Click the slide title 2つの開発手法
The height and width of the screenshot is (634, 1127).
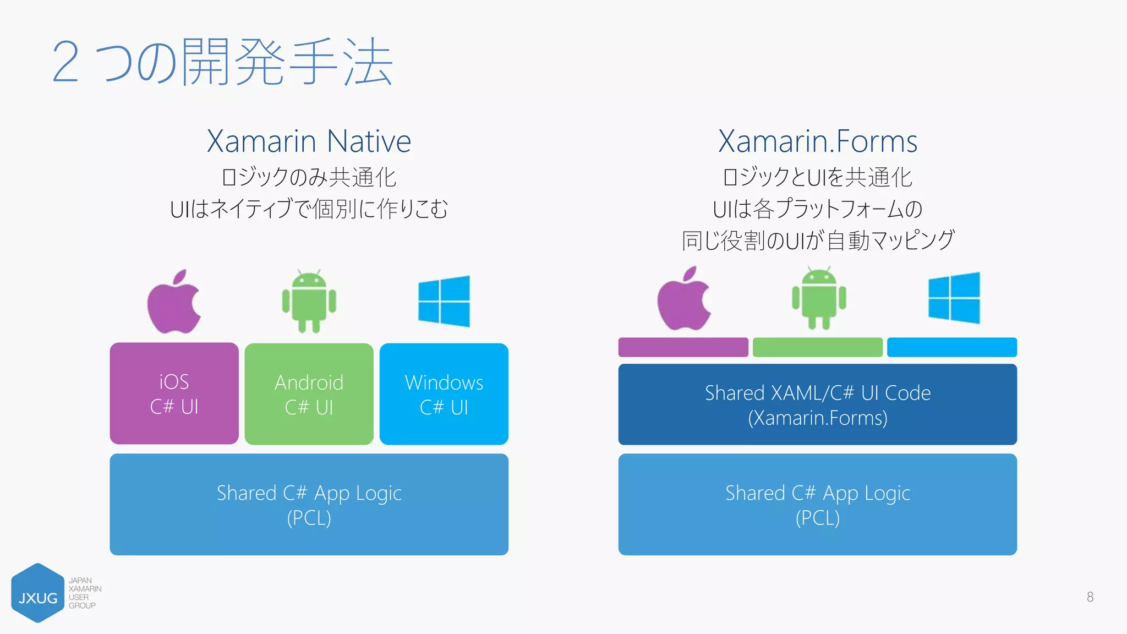(222, 62)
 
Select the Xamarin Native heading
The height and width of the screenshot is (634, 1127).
(309, 141)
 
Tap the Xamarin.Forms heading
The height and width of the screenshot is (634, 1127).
(818, 141)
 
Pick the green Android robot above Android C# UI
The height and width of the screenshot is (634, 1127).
(309, 302)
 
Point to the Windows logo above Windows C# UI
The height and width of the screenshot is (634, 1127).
(444, 302)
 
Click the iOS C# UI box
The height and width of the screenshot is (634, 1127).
(174, 393)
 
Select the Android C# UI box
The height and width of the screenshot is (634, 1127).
(309, 394)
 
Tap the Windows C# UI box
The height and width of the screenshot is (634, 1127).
(444, 394)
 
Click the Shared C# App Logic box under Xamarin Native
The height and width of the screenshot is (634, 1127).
(309, 504)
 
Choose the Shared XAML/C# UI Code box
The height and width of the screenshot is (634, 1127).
(817, 405)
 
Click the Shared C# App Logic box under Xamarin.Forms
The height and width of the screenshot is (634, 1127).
(817, 504)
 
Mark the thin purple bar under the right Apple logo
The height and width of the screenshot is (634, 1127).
(683, 347)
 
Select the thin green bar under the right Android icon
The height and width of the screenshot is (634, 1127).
(817, 347)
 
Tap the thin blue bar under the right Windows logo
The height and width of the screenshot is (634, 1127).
(951, 347)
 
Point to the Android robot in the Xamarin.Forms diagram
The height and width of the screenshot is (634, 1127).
(819, 298)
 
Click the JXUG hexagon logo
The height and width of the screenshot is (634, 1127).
(37, 593)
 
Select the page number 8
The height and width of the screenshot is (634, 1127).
(1090, 597)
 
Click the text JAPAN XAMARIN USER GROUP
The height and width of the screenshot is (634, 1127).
(84, 593)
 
